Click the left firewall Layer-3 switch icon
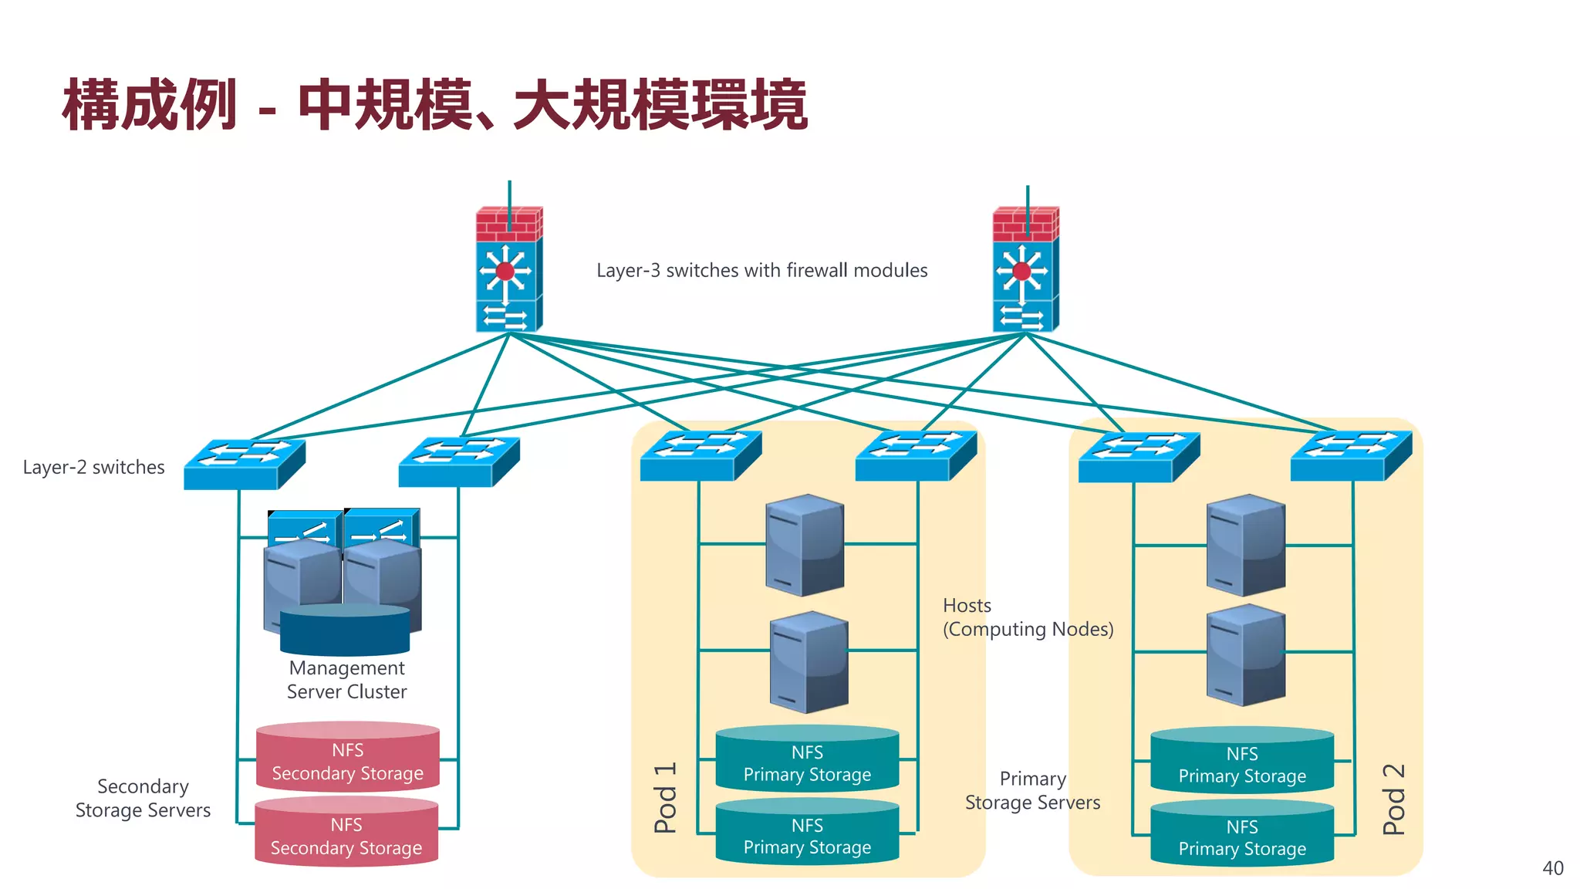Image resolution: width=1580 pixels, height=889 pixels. [x=508, y=270]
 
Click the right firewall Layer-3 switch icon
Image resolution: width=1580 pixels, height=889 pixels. [x=1025, y=270]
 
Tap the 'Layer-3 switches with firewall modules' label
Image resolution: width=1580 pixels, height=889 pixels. [x=761, y=270]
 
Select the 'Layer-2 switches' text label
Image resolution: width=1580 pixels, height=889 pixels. [x=93, y=467]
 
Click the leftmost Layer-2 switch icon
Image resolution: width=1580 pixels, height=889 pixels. [x=243, y=464]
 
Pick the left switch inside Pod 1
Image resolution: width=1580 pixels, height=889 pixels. [x=700, y=456]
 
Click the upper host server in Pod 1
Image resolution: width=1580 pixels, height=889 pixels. [x=805, y=545]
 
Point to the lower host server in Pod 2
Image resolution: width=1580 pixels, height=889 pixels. [x=1245, y=654]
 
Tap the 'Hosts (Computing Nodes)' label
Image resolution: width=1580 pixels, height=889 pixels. [x=1027, y=617]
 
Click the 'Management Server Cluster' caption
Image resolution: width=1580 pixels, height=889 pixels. [x=346, y=679]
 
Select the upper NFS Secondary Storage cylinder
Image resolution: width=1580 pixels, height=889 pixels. [x=347, y=758]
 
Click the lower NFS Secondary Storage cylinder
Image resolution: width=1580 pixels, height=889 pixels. [x=346, y=833]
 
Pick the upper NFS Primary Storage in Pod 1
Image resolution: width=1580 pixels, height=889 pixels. [x=807, y=759]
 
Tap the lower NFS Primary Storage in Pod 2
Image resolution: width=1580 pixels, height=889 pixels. [x=1242, y=834]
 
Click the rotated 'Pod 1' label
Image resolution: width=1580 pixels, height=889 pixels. [x=665, y=798]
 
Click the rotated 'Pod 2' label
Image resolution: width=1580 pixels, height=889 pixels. [x=1393, y=799]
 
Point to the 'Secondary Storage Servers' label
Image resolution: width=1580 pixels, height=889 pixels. [x=143, y=798]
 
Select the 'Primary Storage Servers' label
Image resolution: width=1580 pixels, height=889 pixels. [x=1032, y=790]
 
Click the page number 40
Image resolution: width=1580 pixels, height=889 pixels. [x=1552, y=868]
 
